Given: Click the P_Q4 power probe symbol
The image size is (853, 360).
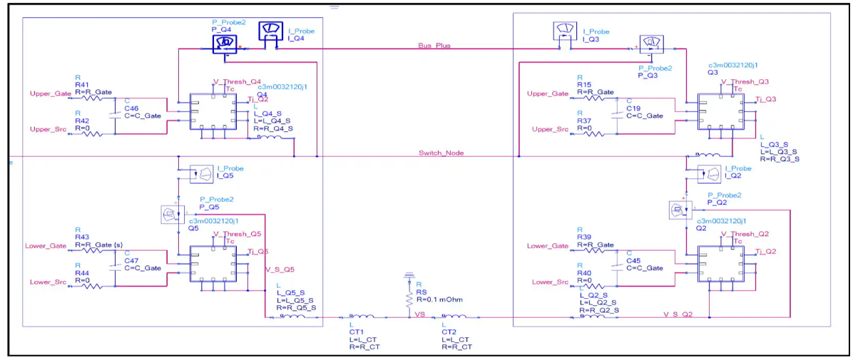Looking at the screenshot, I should coord(225,43).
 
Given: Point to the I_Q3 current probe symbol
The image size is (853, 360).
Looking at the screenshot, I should coord(564,33).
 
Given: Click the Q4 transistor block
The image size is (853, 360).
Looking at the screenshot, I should coord(213,111).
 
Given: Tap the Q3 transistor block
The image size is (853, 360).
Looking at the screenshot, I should coord(721,111).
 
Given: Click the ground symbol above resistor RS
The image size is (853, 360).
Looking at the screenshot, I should coord(409,274).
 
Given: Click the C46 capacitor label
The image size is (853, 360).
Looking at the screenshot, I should coord(133,108).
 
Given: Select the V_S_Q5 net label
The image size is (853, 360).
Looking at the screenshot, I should coord(280,269).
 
